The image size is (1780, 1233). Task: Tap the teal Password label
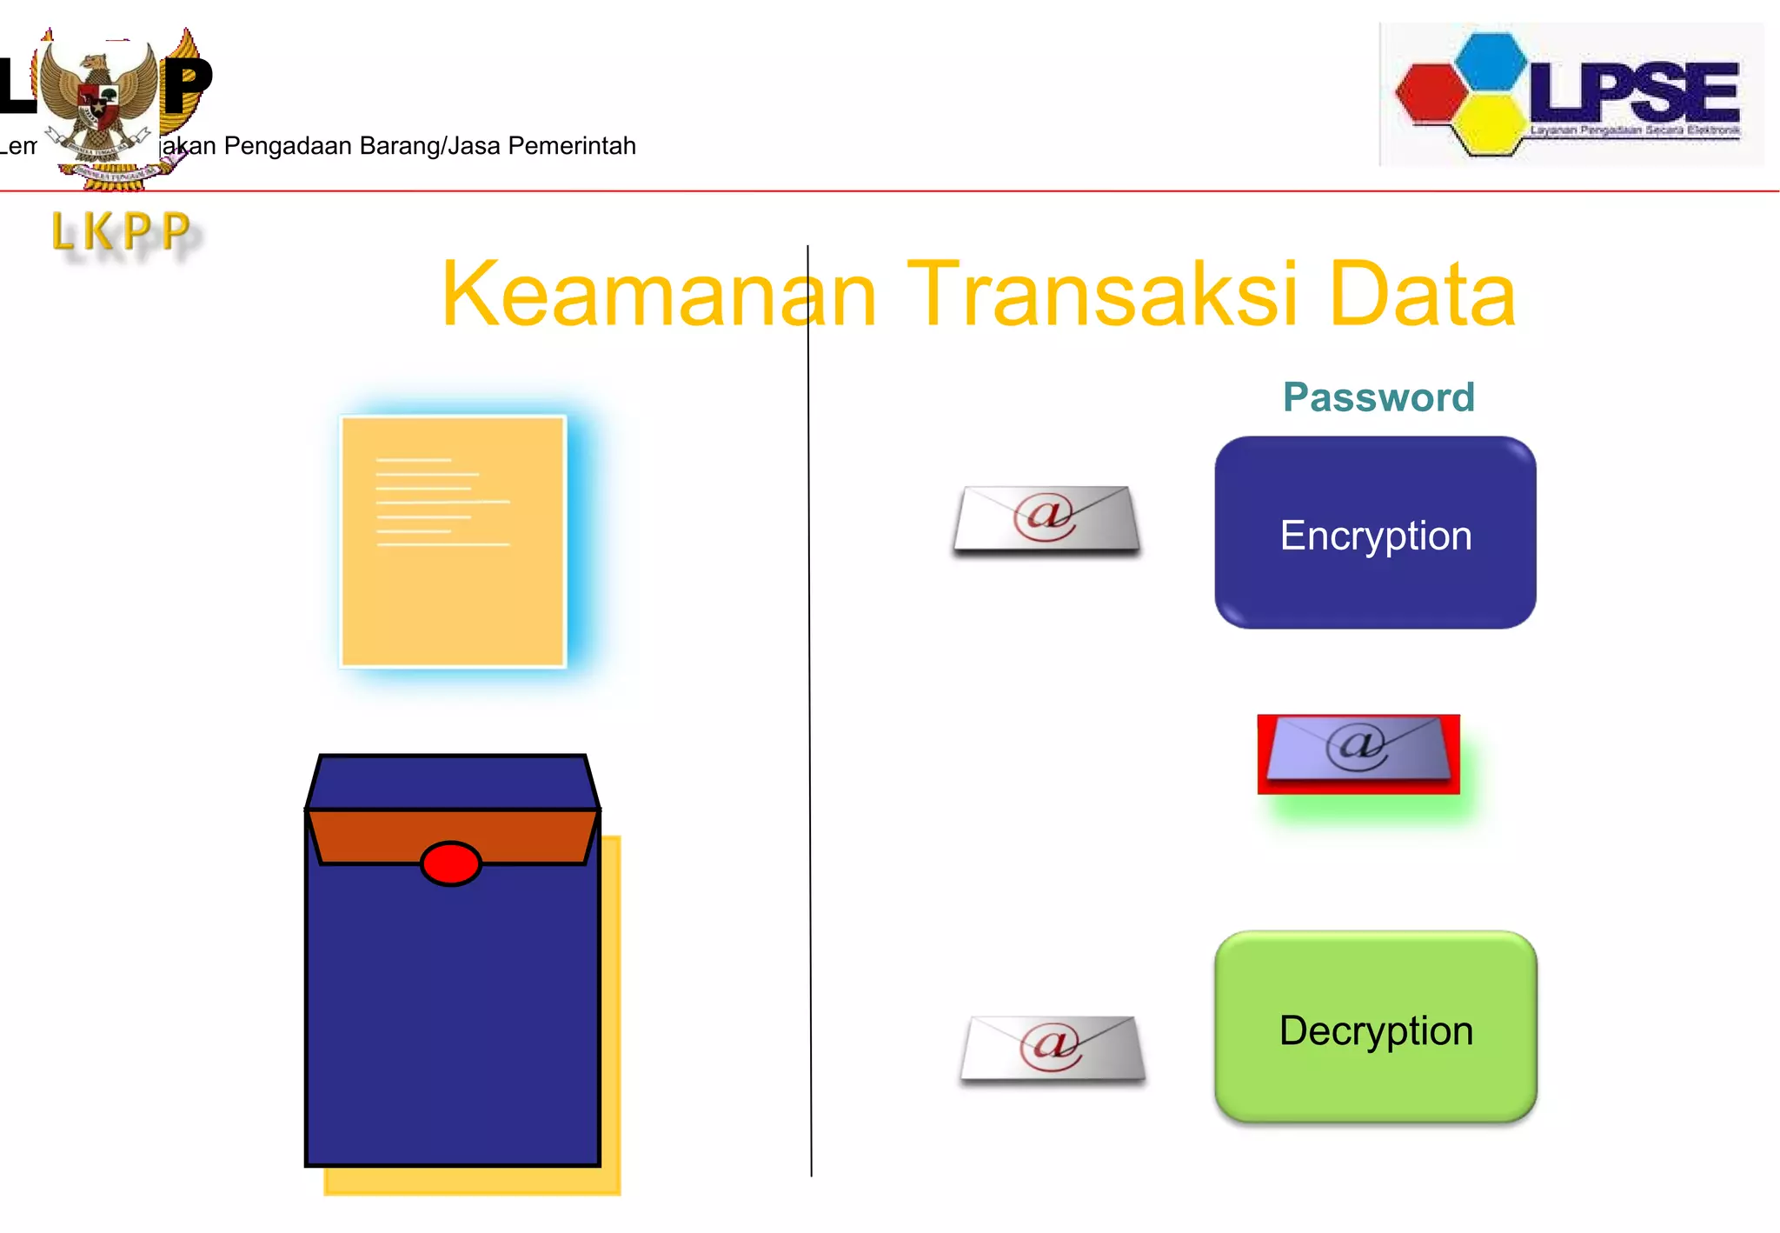[x=1378, y=397]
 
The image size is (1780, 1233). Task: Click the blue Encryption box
[x=1375, y=533]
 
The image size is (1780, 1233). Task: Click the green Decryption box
[x=1375, y=1029]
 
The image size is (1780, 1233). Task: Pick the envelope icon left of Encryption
[x=1046, y=519]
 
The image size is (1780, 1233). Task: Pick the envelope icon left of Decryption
[x=1053, y=1049]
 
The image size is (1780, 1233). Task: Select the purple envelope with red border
[x=1358, y=752]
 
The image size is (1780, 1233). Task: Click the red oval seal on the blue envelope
[x=450, y=863]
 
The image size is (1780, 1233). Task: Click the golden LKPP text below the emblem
[x=122, y=232]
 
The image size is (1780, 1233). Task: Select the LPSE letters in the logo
[x=1634, y=91]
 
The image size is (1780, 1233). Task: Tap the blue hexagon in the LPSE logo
[x=1491, y=61]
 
